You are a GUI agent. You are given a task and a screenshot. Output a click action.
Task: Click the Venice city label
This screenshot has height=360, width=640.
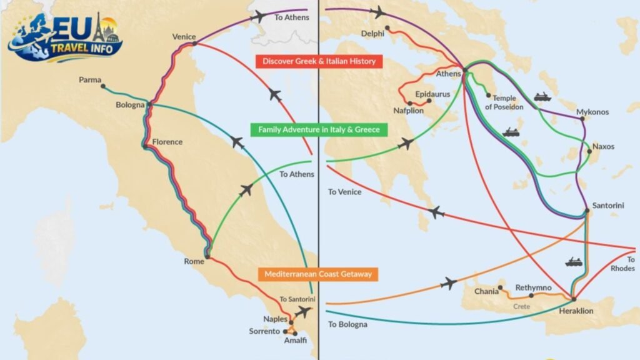click(x=184, y=37)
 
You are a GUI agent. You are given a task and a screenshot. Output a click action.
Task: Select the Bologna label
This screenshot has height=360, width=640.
click(x=130, y=104)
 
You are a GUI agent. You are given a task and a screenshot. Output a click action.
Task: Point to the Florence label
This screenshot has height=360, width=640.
click(x=167, y=142)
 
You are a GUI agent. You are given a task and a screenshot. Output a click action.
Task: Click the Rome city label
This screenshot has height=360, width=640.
click(x=194, y=261)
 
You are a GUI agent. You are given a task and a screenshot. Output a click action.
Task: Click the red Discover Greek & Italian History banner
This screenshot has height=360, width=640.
click(x=319, y=61)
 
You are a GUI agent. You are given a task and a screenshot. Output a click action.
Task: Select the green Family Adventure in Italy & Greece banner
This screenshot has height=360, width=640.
click(x=319, y=129)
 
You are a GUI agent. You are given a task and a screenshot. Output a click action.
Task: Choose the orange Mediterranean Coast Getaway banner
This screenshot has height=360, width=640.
click(x=318, y=274)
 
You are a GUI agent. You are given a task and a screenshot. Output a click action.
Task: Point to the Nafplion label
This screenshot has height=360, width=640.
click(x=408, y=111)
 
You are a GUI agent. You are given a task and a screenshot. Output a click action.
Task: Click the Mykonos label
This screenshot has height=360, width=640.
click(x=592, y=112)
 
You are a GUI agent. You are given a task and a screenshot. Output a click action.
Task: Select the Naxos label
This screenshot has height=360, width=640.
click(x=603, y=147)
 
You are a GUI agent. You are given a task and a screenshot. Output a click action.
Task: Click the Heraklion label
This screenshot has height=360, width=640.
click(x=576, y=311)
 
